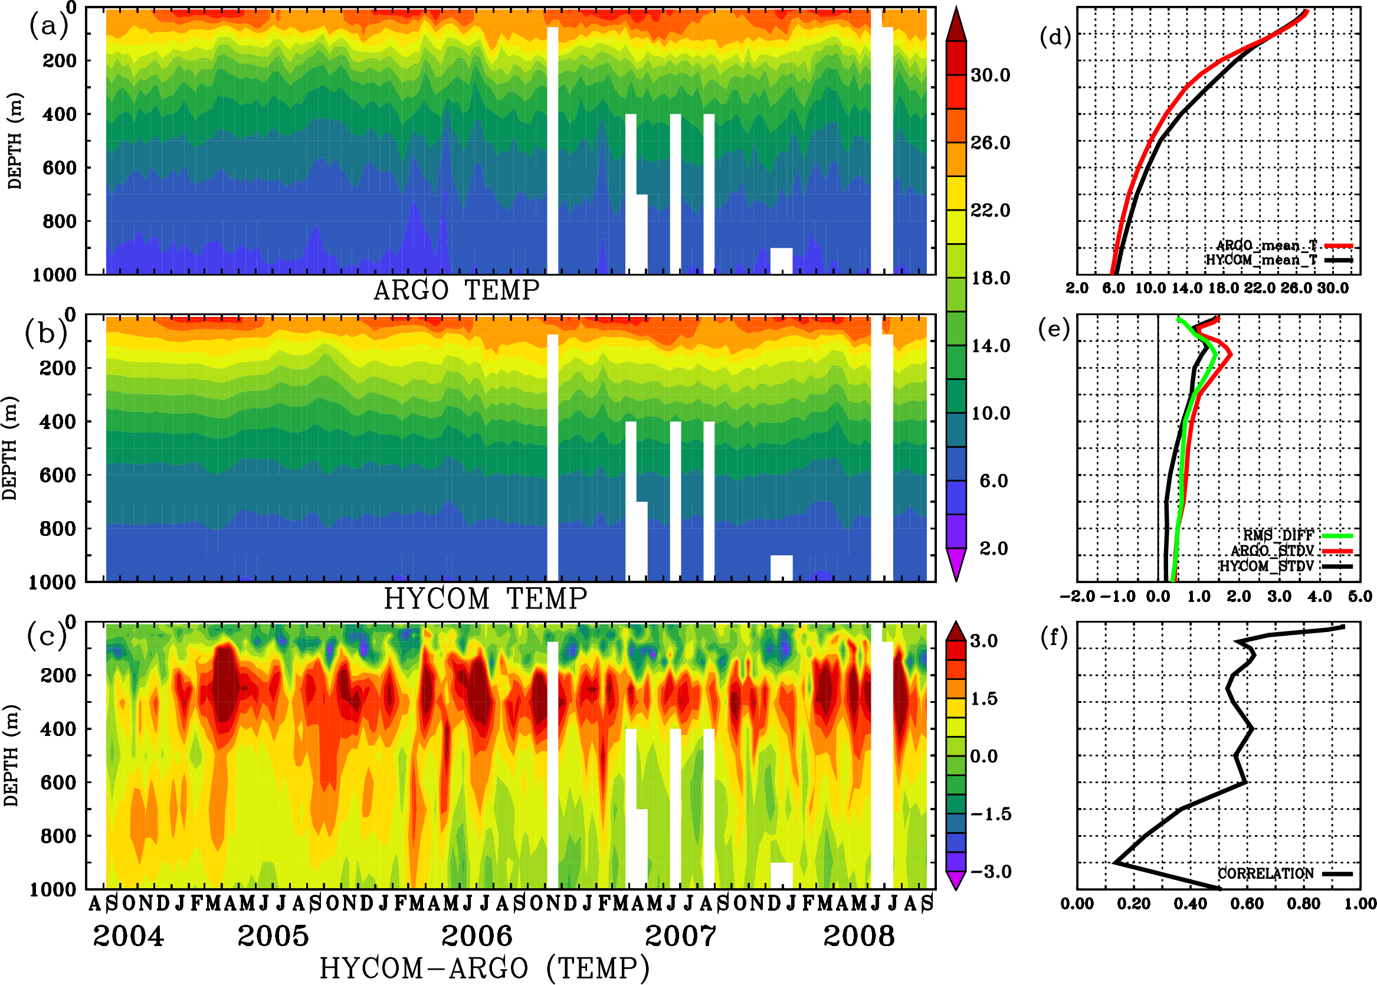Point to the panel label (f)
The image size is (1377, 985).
click(1054, 638)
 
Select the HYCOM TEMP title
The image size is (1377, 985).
click(486, 599)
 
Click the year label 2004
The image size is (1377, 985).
click(128, 937)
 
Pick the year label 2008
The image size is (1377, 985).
click(858, 937)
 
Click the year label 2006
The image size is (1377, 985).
click(477, 937)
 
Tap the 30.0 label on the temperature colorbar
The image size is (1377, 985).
click(990, 75)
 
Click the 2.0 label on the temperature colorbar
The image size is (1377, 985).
click(994, 548)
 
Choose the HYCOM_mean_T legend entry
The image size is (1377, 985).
click(1261, 260)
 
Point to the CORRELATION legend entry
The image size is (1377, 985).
click(1266, 874)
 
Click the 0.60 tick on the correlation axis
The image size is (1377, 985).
click(1247, 904)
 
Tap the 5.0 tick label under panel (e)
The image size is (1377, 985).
click(1360, 597)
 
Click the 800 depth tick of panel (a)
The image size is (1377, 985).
click(59, 221)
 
